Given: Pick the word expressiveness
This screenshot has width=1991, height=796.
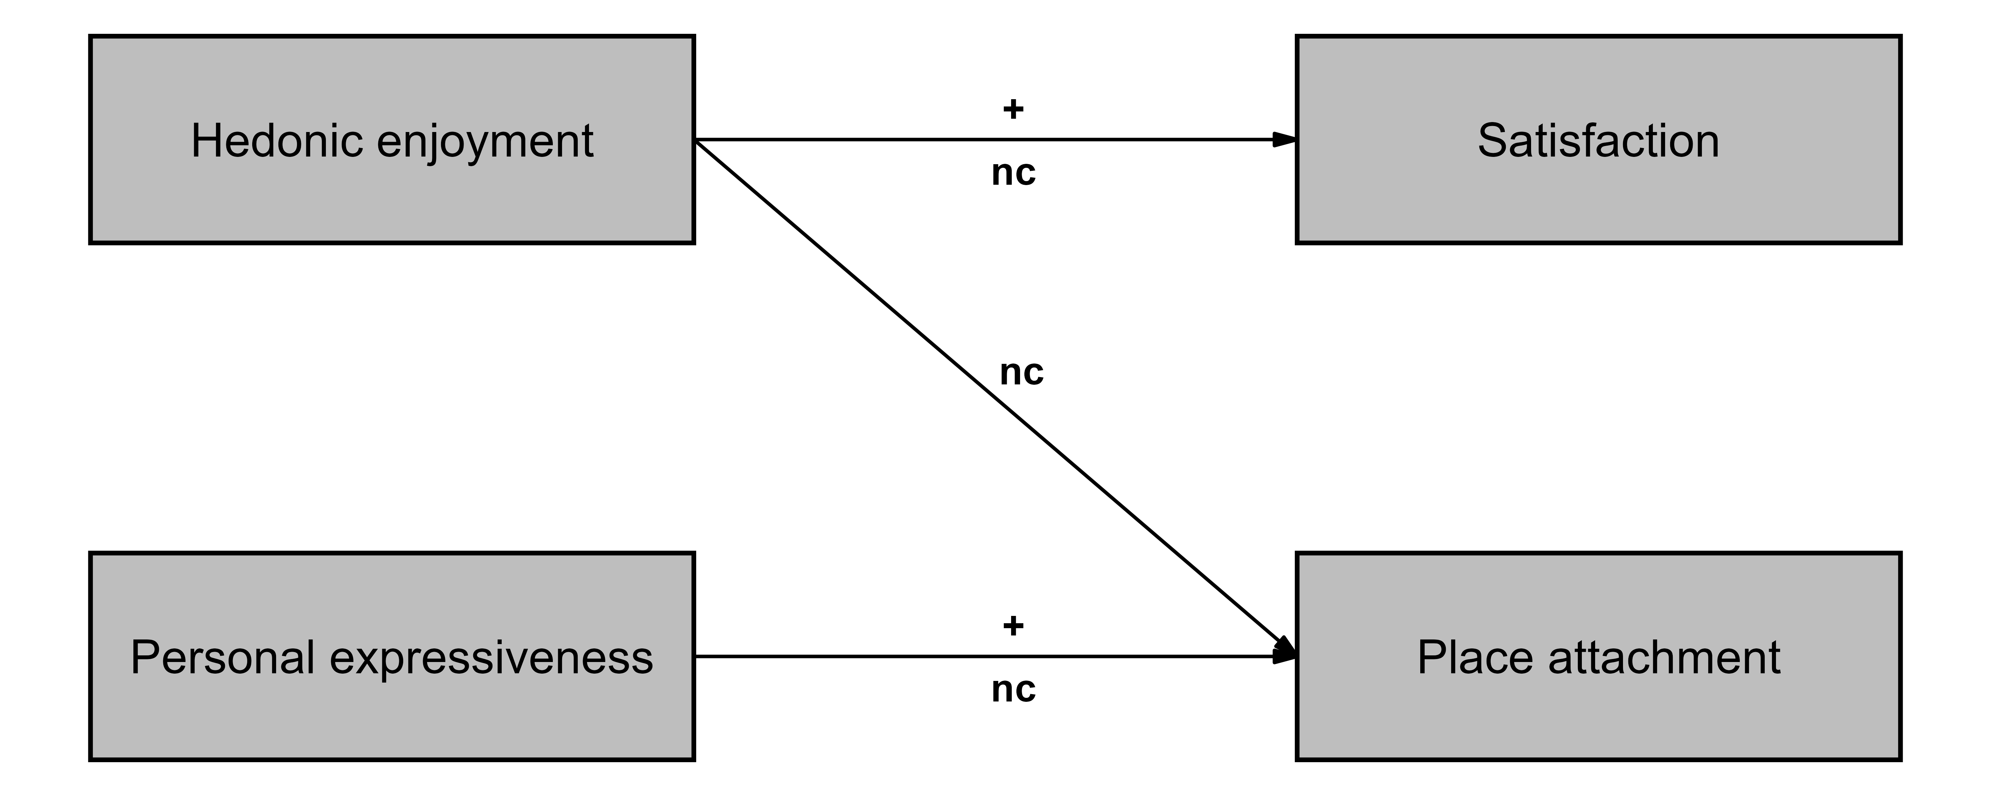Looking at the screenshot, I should [491, 658].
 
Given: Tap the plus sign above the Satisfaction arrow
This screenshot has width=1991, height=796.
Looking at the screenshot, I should [1012, 109].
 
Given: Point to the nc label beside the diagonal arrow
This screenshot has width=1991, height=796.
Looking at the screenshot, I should [1021, 372].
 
